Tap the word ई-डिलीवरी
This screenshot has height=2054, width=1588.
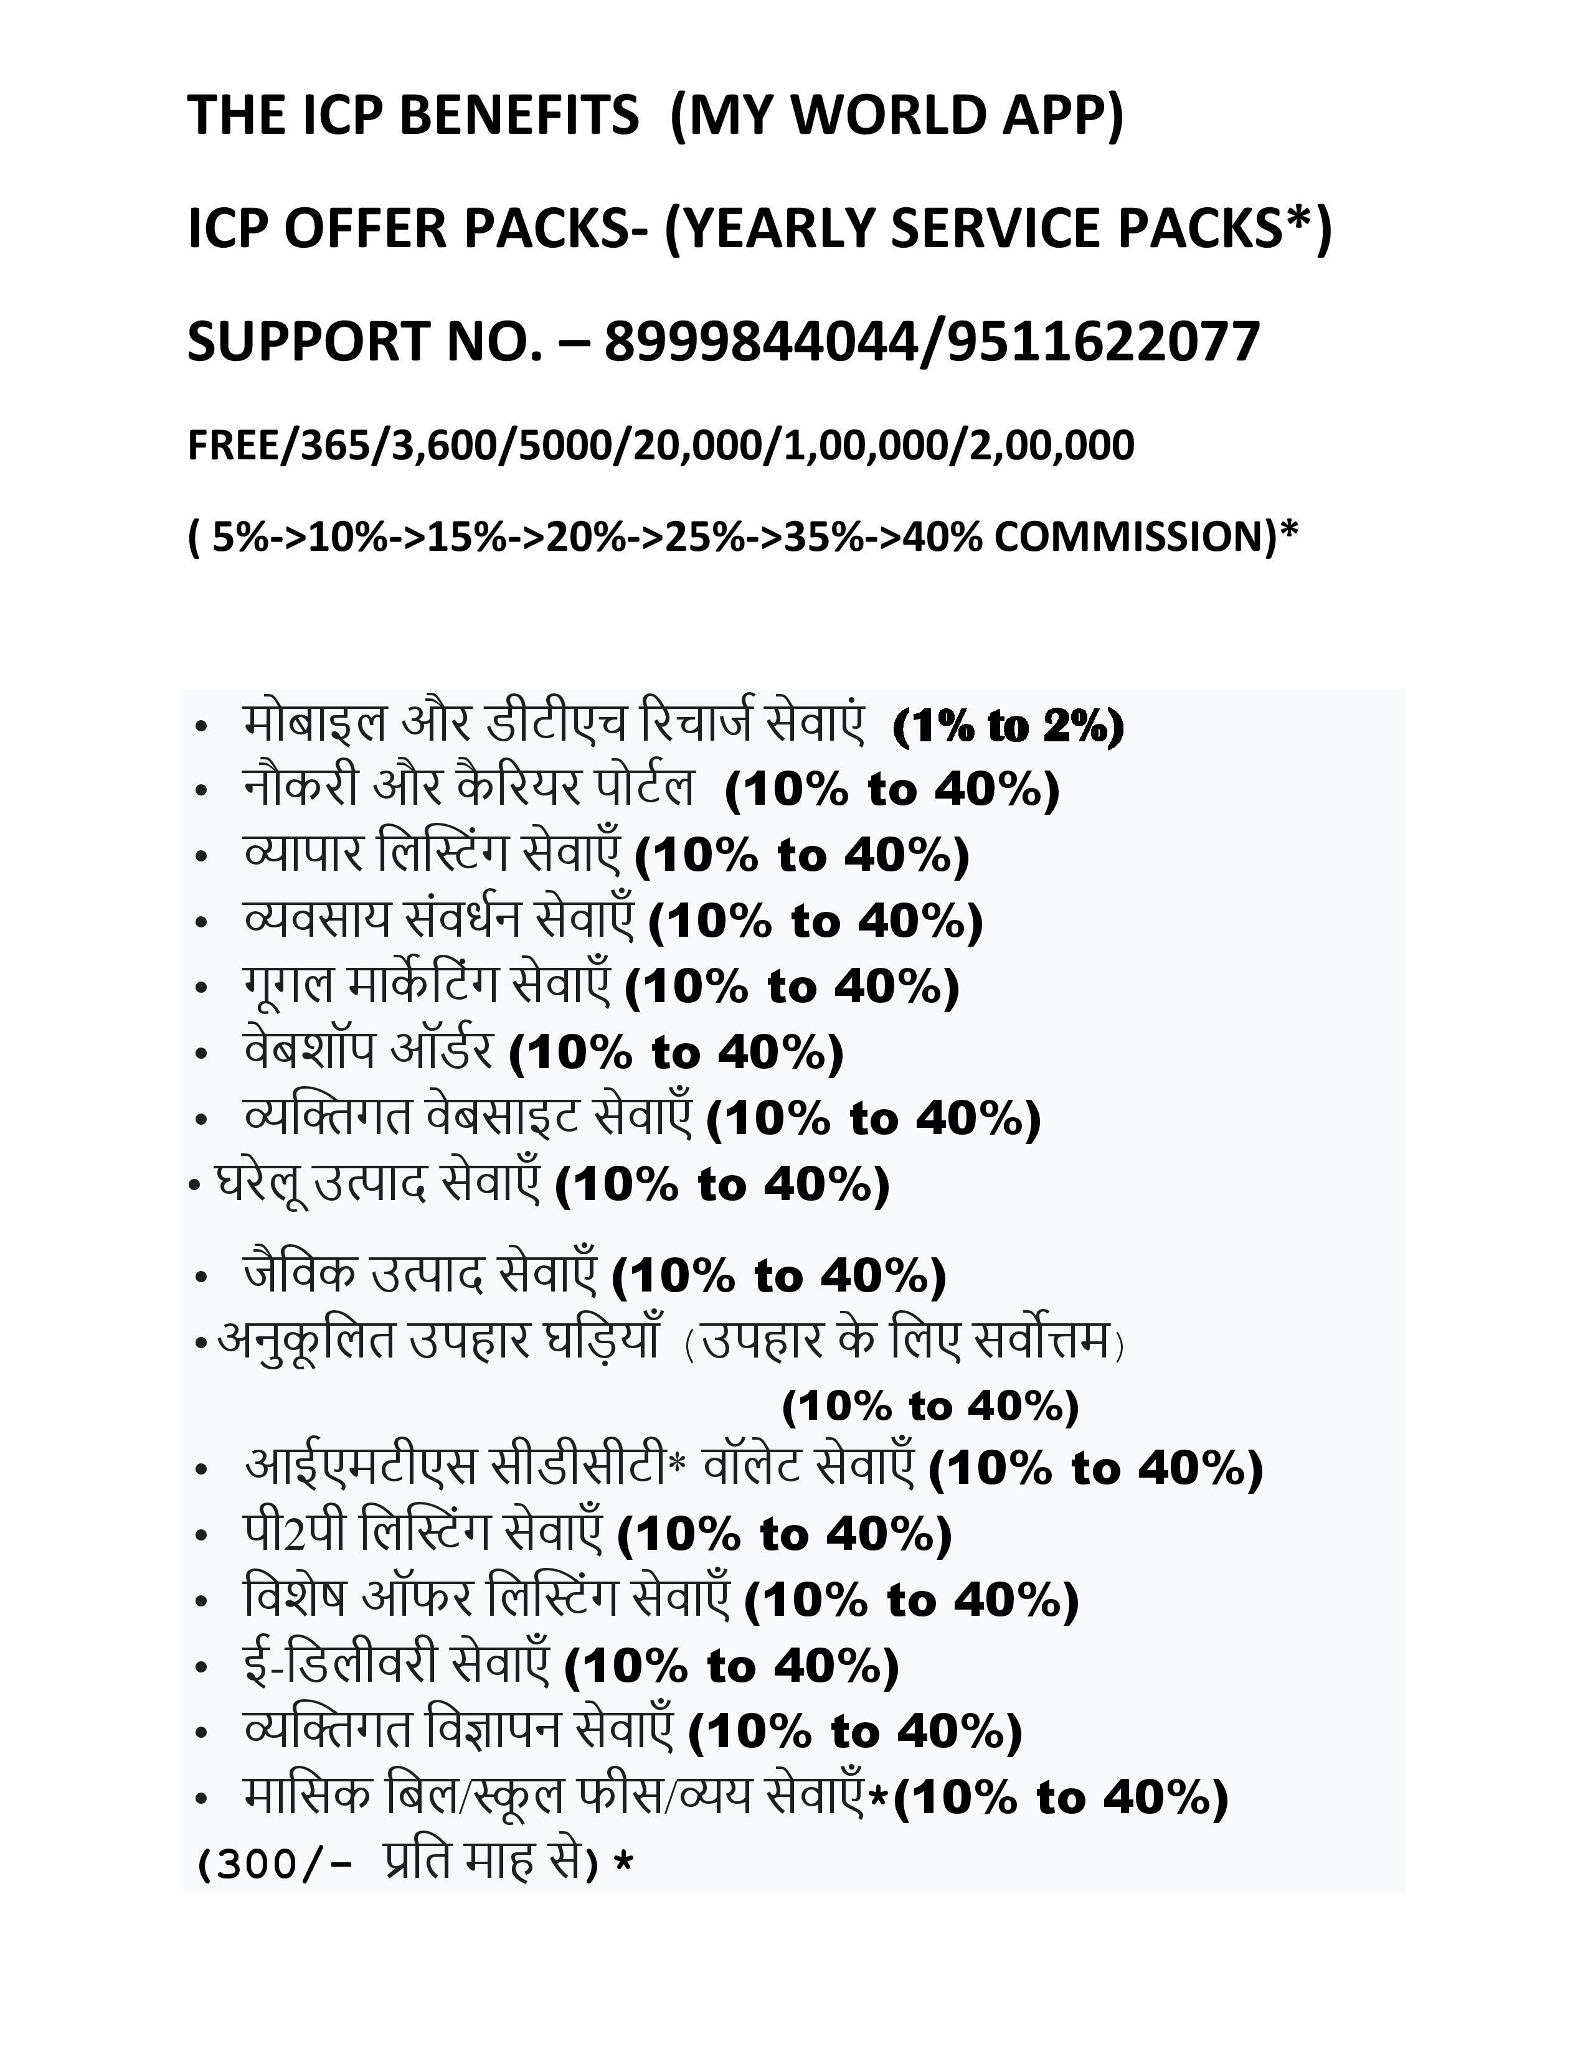coord(339,1666)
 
